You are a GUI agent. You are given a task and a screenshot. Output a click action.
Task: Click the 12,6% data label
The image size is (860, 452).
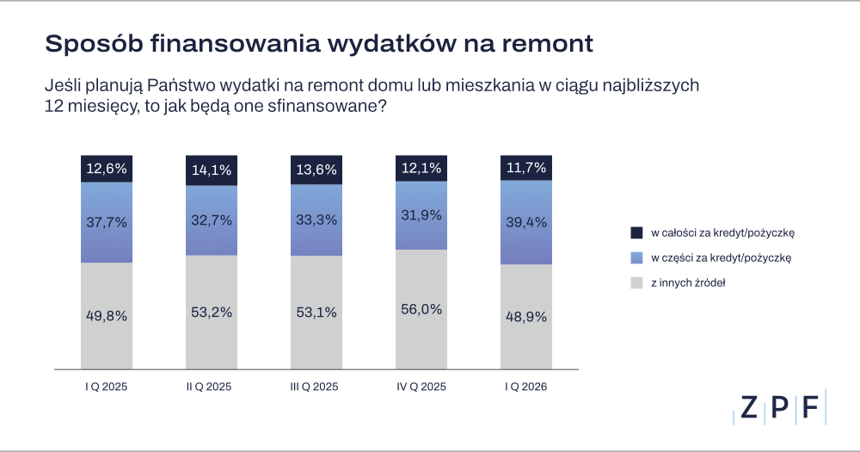click(x=107, y=168)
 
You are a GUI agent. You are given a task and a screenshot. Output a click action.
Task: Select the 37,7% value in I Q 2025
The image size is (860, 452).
click(x=107, y=222)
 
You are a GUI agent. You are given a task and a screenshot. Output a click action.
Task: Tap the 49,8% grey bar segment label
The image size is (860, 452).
click(x=107, y=315)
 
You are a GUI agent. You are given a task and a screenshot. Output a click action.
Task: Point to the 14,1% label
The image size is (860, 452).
click(x=212, y=170)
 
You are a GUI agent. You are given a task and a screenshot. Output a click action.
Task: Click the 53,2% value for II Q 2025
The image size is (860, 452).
click(x=212, y=313)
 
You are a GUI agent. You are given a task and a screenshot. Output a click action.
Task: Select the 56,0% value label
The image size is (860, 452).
click(x=421, y=310)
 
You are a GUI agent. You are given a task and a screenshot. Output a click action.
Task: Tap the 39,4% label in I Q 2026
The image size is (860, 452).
click(x=526, y=224)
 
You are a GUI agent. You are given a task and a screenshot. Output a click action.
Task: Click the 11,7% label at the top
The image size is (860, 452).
click(x=526, y=168)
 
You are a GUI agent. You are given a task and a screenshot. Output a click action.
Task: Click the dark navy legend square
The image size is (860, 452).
click(x=636, y=232)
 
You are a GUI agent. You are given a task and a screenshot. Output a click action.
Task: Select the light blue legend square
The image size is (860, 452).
click(x=636, y=257)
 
